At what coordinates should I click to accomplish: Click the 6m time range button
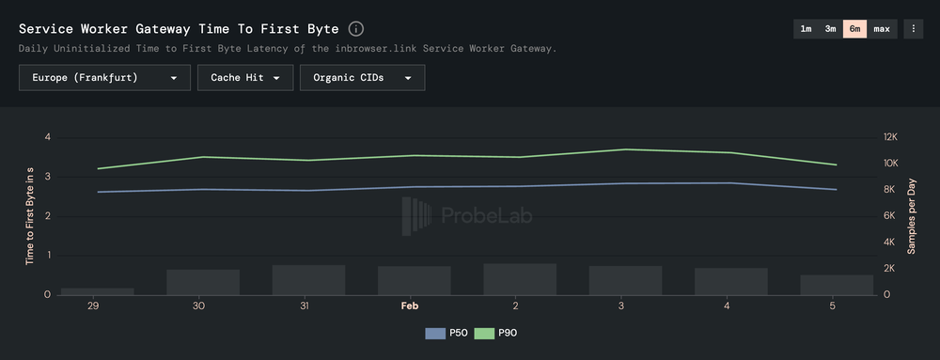(x=855, y=29)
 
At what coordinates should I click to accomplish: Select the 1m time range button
(x=806, y=29)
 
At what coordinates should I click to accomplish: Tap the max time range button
(x=882, y=29)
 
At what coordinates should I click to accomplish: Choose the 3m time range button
(x=831, y=29)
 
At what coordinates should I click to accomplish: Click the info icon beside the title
(x=356, y=29)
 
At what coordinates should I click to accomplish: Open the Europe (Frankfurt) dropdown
(x=104, y=78)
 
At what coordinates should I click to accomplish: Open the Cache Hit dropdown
(x=245, y=78)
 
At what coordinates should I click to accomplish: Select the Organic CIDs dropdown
(x=362, y=78)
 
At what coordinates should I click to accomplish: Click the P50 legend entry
(x=446, y=333)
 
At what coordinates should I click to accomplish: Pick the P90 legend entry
(x=495, y=333)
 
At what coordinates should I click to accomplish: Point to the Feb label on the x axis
(x=410, y=306)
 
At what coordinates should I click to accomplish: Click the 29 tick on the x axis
(x=93, y=306)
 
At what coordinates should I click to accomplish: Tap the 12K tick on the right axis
(x=889, y=137)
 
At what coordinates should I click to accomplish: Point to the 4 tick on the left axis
(x=47, y=137)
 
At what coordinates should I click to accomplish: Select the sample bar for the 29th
(x=98, y=291)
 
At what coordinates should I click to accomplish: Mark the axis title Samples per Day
(x=911, y=216)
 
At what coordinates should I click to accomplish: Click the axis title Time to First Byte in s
(x=29, y=216)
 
